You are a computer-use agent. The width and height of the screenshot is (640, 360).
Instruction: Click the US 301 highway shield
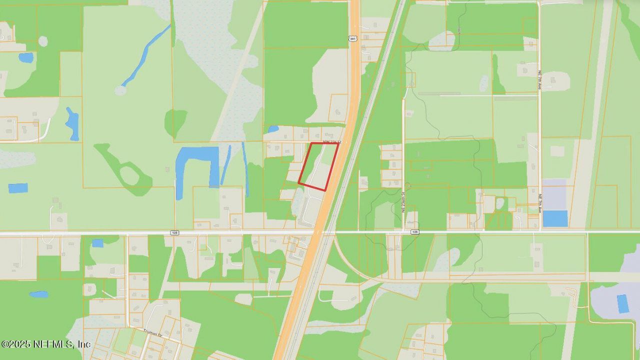pos(353,38)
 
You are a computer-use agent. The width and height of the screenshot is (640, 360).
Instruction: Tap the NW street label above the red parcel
pos(331,142)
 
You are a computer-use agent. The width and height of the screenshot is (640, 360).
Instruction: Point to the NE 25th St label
pos(403,201)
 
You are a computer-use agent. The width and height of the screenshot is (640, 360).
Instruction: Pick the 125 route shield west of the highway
pos(174,232)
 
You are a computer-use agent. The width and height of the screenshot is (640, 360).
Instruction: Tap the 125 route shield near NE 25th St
pos(414,232)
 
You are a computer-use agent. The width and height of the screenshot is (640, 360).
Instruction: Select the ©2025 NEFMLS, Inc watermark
pos(45,344)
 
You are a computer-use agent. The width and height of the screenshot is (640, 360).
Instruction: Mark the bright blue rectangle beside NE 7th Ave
pos(555,218)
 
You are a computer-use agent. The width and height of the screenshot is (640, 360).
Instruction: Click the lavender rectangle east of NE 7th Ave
pos(554,194)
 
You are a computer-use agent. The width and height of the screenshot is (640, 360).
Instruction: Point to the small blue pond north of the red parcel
pos(273,129)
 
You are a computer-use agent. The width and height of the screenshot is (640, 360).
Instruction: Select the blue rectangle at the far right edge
pos(622,303)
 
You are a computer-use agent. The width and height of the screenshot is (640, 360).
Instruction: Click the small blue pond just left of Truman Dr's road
pos(97,243)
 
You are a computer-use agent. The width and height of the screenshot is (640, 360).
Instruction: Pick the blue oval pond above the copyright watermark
pos(38,294)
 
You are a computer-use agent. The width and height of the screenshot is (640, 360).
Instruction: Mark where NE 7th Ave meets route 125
pos(540,232)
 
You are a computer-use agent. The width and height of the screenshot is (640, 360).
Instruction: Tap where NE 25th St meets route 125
pos(403,232)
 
